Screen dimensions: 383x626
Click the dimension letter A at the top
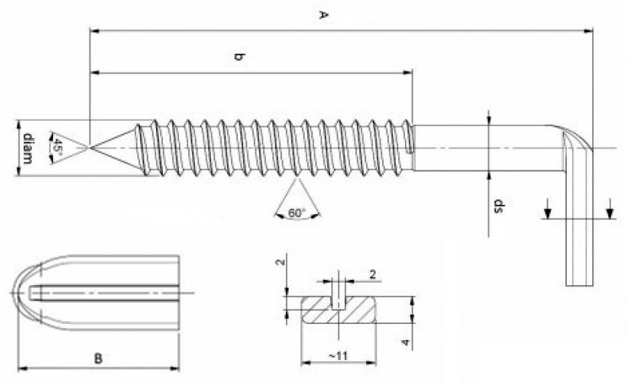[x=321, y=14]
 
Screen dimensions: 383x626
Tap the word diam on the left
[x=28, y=148]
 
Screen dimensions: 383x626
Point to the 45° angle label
[x=57, y=146]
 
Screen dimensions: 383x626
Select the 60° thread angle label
[x=296, y=213]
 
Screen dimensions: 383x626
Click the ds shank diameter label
[x=498, y=205]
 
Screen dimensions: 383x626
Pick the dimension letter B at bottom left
[x=99, y=359]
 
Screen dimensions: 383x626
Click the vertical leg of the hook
[x=579, y=236]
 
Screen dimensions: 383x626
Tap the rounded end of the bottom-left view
[x=25, y=293]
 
